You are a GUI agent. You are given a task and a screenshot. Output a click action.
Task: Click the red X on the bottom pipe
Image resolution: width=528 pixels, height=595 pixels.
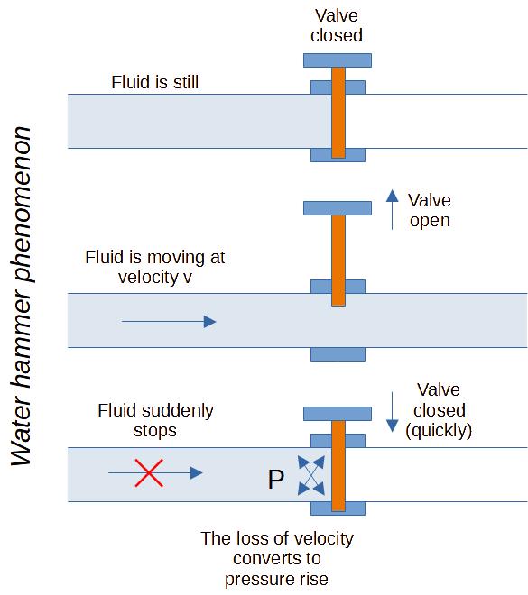tap(150, 472)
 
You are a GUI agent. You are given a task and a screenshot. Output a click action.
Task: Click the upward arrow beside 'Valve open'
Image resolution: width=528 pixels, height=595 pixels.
tap(392, 209)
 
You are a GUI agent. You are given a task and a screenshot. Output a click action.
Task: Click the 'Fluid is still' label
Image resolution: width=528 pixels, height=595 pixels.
tap(154, 82)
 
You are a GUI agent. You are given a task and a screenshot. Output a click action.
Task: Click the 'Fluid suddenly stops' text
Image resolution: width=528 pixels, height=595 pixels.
tap(155, 420)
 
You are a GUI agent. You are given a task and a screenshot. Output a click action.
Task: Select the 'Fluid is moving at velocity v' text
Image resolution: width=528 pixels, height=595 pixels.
tap(154, 267)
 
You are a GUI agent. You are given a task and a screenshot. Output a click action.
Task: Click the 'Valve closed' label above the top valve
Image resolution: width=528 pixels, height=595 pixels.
tap(338, 26)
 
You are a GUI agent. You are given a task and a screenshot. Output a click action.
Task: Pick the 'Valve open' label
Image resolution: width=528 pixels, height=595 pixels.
tap(430, 210)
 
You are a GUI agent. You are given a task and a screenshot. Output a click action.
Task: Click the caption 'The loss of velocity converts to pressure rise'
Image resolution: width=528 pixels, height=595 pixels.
tap(277, 559)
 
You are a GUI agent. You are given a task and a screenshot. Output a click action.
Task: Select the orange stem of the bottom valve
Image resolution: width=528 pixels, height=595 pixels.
tap(338, 464)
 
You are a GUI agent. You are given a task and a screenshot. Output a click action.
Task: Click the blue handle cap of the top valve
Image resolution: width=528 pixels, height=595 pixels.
tap(338, 60)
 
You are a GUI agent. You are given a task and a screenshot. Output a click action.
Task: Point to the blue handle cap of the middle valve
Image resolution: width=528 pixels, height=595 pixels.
tap(338, 207)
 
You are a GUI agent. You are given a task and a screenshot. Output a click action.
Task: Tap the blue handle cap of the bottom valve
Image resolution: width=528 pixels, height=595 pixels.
tap(338, 413)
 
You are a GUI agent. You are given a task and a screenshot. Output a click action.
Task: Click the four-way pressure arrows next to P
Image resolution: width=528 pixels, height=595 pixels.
tap(310, 474)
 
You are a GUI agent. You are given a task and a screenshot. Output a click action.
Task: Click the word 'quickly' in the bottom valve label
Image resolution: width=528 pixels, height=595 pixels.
tap(440, 430)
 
